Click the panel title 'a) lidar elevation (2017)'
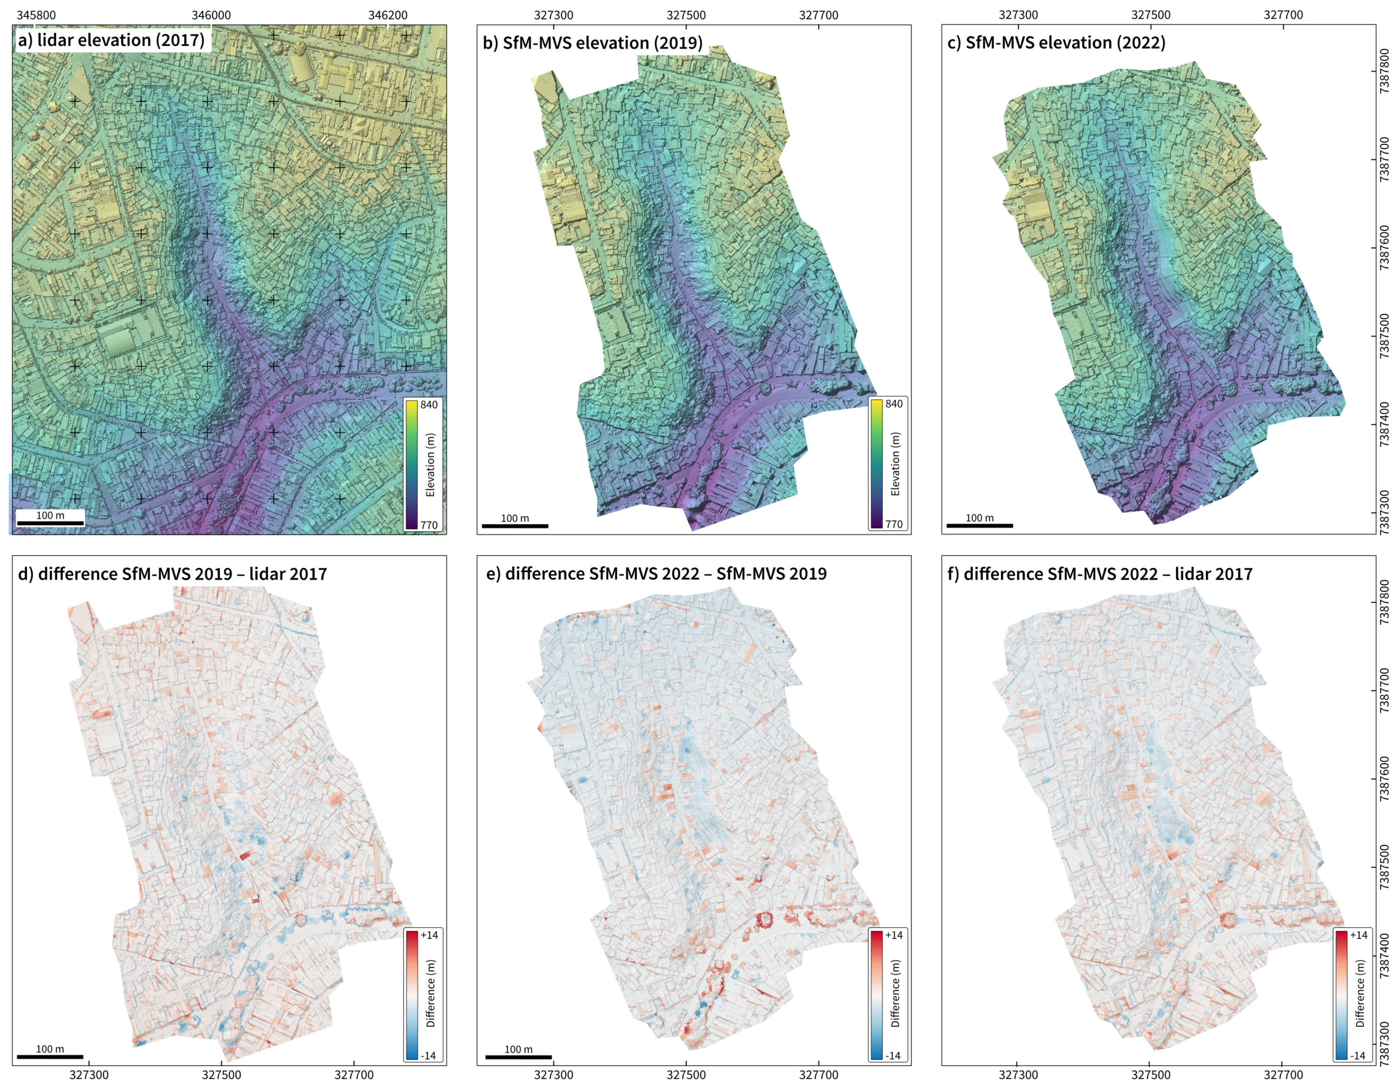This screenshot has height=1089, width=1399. [x=112, y=41]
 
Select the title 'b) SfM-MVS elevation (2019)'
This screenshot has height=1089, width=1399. [x=592, y=43]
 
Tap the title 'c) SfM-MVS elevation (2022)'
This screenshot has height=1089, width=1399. [x=1056, y=42]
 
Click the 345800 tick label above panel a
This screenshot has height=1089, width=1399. [x=36, y=15]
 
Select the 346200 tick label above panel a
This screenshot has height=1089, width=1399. [x=388, y=15]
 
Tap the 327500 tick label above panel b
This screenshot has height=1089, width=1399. [x=686, y=15]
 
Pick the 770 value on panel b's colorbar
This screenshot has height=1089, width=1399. [x=894, y=524]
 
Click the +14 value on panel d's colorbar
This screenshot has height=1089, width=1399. [x=429, y=935]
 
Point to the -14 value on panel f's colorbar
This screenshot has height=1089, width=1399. [x=1358, y=1056]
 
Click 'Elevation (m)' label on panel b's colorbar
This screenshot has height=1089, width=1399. [x=895, y=464]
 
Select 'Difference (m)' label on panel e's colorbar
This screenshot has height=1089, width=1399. [x=895, y=994]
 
